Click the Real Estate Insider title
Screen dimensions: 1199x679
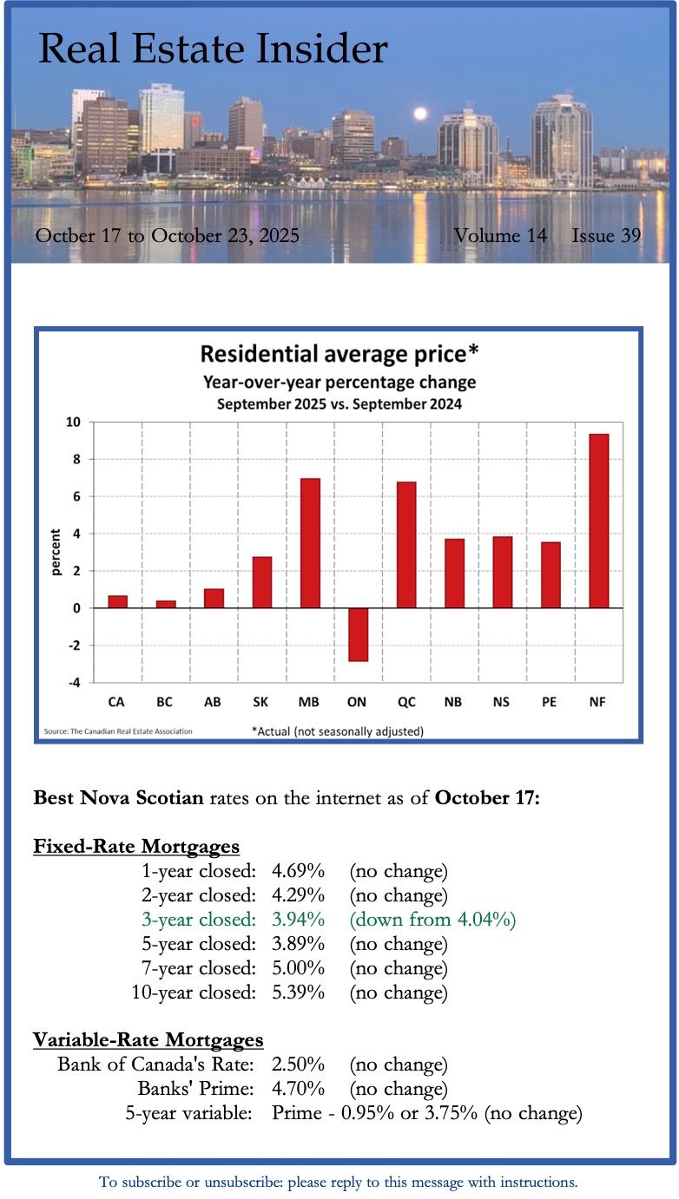pos(213,49)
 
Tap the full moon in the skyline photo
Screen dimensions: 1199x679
pos(421,114)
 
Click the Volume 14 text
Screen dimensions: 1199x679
pos(500,235)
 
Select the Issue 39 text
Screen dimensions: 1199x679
pos(606,235)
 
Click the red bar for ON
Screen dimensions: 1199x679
pos(359,634)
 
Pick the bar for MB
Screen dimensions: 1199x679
pos(310,543)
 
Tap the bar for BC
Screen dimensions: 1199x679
pos(166,604)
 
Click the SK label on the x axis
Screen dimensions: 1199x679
pos(262,702)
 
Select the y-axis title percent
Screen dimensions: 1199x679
pos(56,553)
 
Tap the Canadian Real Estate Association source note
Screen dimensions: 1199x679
pos(118,731)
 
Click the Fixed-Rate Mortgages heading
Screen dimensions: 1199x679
pos(136,846)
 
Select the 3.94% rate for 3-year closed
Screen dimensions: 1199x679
pos(298,919)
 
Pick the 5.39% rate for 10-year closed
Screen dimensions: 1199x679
pos(298,992)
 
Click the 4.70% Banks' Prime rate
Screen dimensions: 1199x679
pos(298,1088)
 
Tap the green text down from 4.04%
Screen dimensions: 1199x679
pos(432,919)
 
